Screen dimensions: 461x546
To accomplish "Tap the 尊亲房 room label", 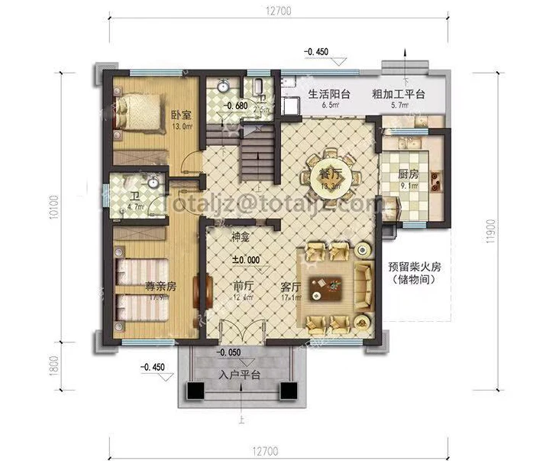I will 161,287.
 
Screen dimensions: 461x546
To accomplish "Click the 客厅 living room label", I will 290,287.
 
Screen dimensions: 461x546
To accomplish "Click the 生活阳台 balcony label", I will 329,95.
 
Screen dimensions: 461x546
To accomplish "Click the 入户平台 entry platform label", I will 240,375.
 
